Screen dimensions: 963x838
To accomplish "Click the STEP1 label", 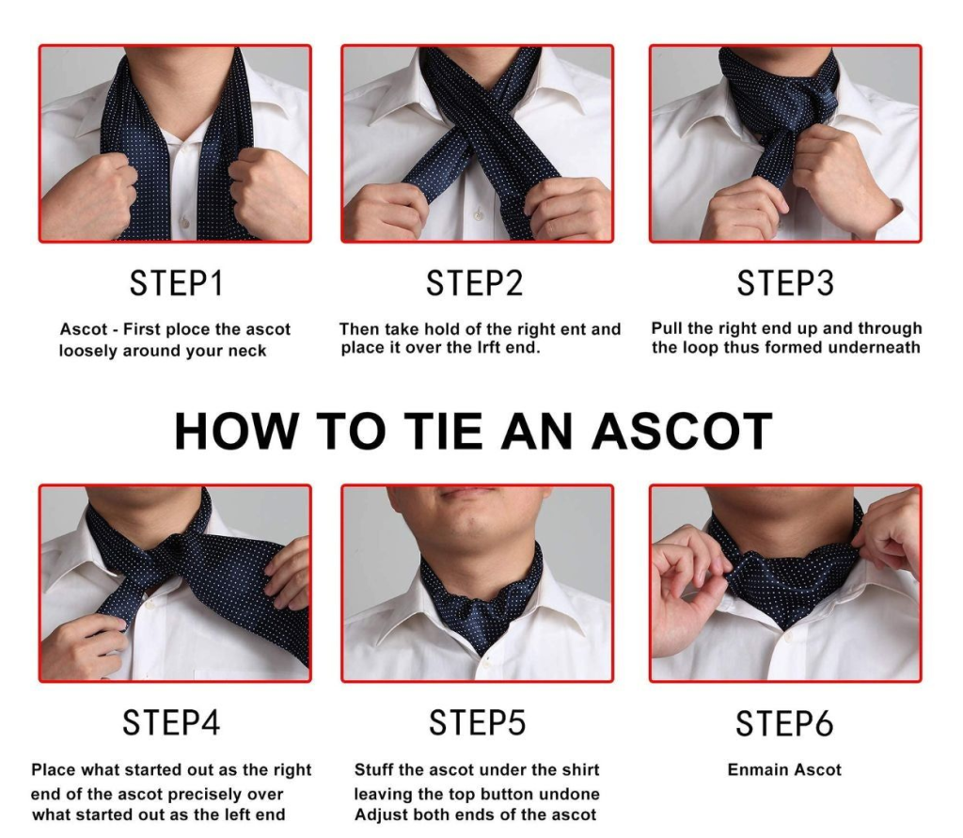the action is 176,283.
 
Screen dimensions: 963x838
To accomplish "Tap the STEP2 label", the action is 474,283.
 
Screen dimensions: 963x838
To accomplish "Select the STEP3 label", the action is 785,283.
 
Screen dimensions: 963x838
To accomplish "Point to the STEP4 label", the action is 171,722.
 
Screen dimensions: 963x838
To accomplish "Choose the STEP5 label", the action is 477,722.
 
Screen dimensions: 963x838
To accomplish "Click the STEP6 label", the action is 784,723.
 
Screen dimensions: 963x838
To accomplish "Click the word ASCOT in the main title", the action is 682,432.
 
